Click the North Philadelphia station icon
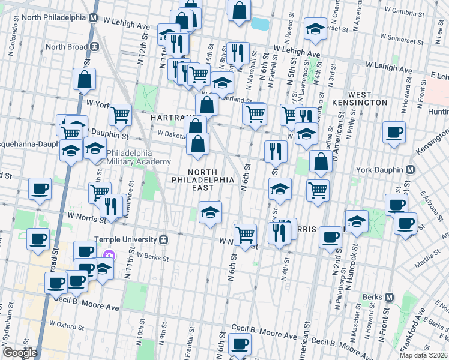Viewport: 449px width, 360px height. click(94, 17)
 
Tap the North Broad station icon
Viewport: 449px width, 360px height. click(94, 46)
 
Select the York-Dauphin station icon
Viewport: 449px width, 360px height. click(411, 170)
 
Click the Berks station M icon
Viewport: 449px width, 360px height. click(390, 297)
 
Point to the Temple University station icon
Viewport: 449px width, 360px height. click(163, 239)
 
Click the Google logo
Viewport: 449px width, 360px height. click(20, 352)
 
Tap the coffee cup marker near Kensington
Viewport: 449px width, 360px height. click(394, 133)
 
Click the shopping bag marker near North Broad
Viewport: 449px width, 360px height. click(85, 79)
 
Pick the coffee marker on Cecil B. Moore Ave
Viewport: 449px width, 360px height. click(240, 344)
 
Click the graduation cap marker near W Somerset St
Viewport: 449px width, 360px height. click(315, 29)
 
